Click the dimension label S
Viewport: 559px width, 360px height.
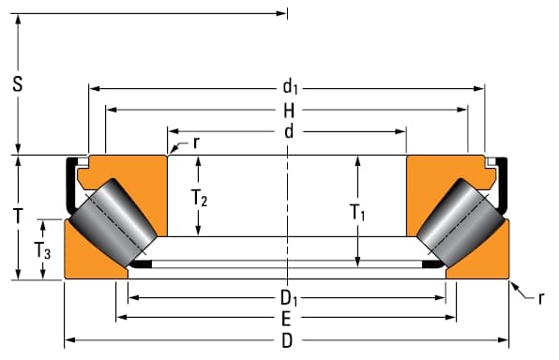18,84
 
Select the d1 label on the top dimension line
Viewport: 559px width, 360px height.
290,87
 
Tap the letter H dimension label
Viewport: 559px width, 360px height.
289,111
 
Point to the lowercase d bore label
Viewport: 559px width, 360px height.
289,132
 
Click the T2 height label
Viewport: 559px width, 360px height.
199,198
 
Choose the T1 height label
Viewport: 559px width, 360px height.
357,213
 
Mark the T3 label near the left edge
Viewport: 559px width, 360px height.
42,250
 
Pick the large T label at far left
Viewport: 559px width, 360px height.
18,216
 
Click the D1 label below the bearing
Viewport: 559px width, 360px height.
289,298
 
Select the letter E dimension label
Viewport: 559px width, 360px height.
286,320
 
